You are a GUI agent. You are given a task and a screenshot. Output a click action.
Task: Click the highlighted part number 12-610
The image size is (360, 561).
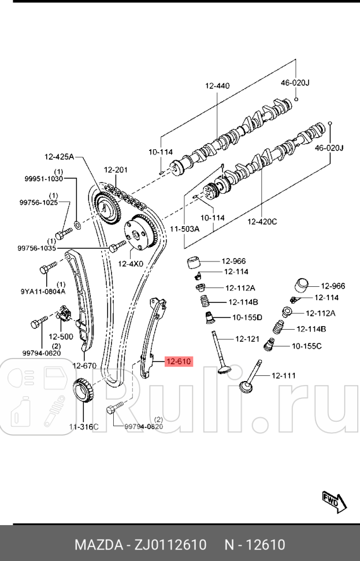click(x=178, y=362)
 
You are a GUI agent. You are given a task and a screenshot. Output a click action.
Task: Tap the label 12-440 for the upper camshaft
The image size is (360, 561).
click(x=217, y=86)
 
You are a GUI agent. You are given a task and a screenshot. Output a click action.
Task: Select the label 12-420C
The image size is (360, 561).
click(x=262, y=221)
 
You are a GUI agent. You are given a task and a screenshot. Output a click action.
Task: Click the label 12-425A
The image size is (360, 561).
click(x=60, y=156)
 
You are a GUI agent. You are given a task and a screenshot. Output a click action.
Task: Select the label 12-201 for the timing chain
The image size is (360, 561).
click(x=116, y=169)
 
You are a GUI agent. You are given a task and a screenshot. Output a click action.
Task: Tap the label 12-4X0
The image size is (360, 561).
click(x=131, y=264)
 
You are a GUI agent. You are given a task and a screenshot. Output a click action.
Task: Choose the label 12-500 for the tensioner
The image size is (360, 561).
click(x=61, y=336)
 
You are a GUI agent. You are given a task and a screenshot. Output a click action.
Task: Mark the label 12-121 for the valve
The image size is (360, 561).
click(x=247, y=338)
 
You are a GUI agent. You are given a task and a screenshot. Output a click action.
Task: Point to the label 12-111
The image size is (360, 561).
click(x=283, y=375)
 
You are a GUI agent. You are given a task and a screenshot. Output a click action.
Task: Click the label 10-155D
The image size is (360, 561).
click(x=247, y=317)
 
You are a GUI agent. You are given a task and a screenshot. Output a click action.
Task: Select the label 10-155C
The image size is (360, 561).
click(x=307, y=346)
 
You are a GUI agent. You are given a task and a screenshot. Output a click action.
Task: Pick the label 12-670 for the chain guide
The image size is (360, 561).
click(x=84, y=365)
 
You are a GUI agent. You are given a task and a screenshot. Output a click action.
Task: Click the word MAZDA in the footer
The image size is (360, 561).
click(x=96, y=545)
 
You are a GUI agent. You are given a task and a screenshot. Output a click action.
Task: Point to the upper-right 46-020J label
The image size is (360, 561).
click(x=295, y=83)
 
